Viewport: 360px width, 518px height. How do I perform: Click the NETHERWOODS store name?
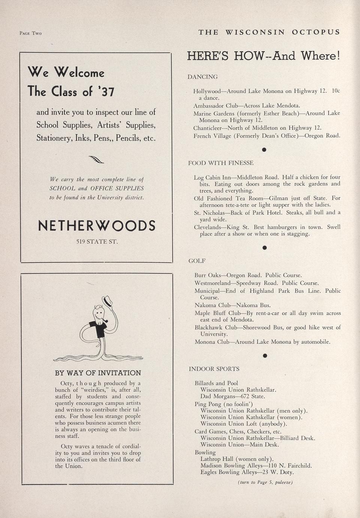[x=97, y=226]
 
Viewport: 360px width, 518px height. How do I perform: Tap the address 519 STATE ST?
[x=97, y=242]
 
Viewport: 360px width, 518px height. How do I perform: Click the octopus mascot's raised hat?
[x=108, y=301]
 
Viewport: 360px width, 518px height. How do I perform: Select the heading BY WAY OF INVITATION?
[x=98, y=373]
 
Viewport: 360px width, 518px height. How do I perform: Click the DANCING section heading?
[x=202, y=77]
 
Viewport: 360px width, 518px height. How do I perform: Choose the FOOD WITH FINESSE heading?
[x=220, y=163]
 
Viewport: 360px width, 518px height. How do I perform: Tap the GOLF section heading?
[x=196, y=261]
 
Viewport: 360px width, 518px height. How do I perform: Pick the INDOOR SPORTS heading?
[x=214, y=369]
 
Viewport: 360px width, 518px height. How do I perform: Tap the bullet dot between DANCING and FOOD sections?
[x=264, y=150]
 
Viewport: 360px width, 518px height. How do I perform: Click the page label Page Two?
[x=30, y=33]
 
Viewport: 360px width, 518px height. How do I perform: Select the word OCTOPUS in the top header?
[x=316, y=32]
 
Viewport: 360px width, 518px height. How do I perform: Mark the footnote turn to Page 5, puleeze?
[x=265, y=482]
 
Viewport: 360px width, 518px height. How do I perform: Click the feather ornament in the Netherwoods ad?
[x=96, y=160]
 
